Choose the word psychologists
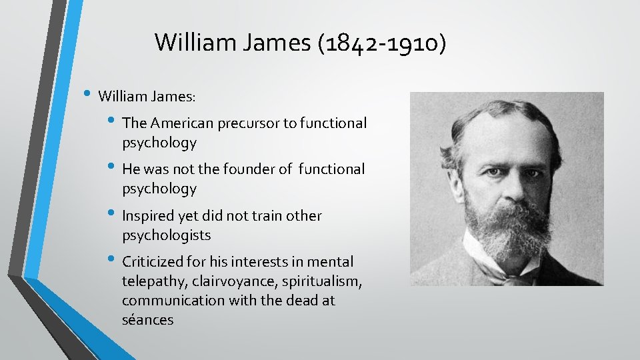(x=166, y=235)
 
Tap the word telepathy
(x=149, y=281)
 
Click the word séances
(x=147, y=321)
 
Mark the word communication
(x=173, y=301)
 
